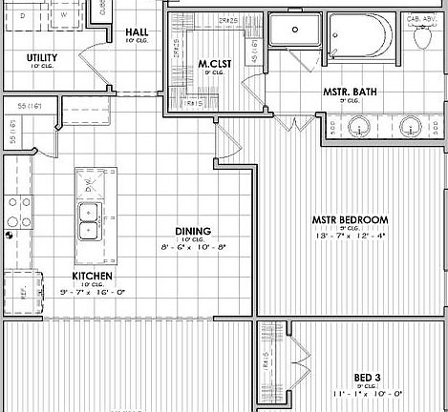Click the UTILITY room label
(41, 57)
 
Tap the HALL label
(137, 31)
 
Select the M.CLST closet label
(211, 65)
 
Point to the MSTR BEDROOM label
(350, 220)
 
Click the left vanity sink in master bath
(360, 125)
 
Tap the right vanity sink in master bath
(411, 125)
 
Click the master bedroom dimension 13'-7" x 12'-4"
(350, 237)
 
